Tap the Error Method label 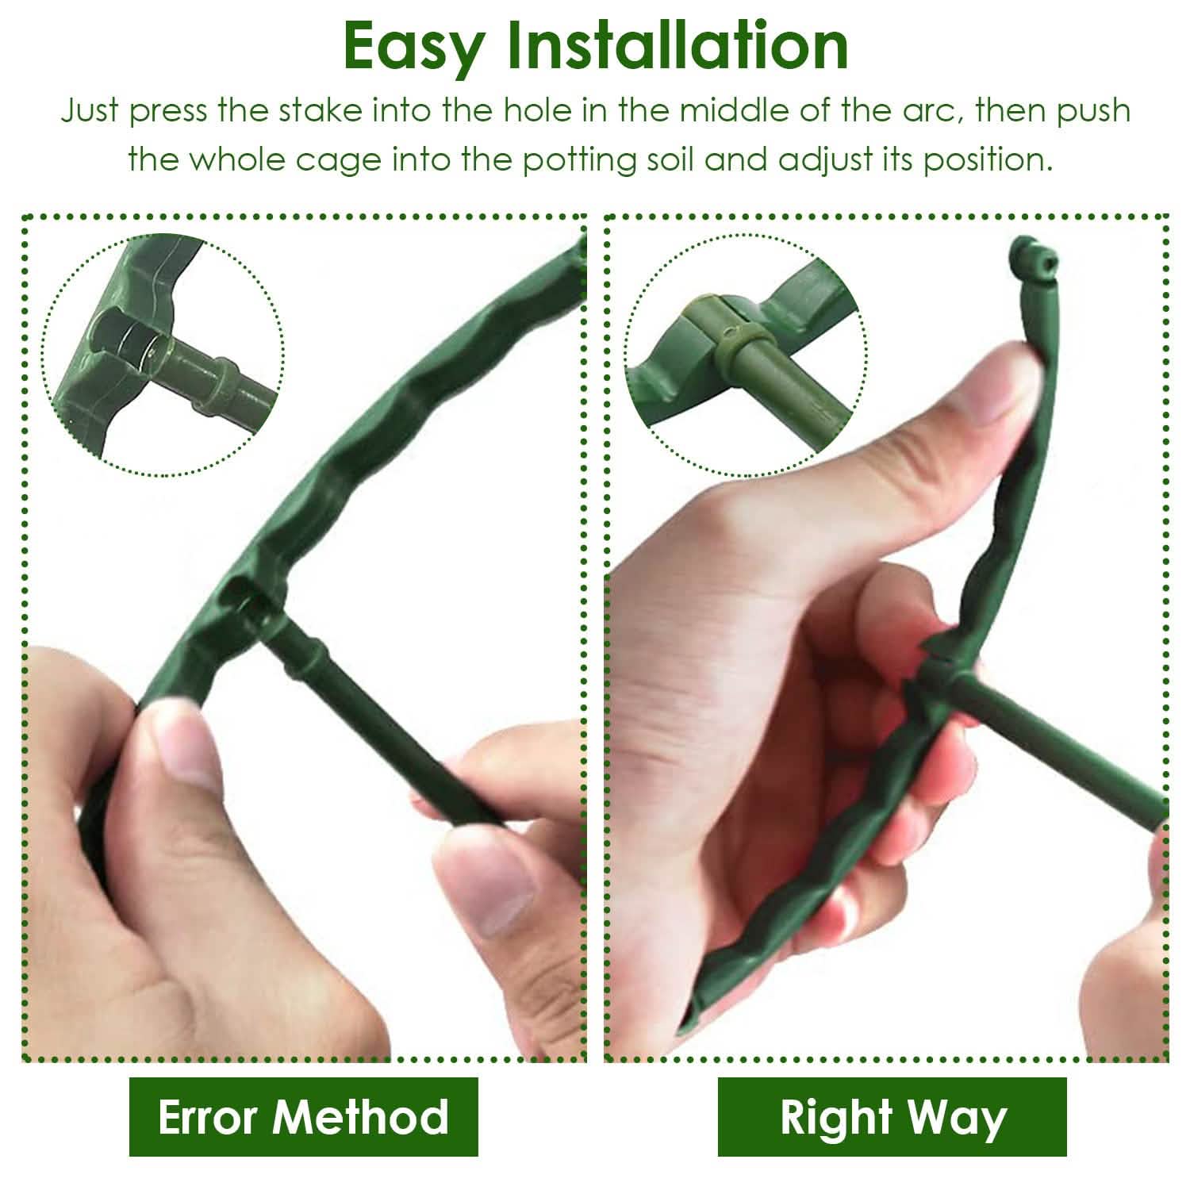tap(303, 1116)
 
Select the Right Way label tap(892, 1116)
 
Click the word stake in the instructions tap(312, 111)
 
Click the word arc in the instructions tap(923, 111)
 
